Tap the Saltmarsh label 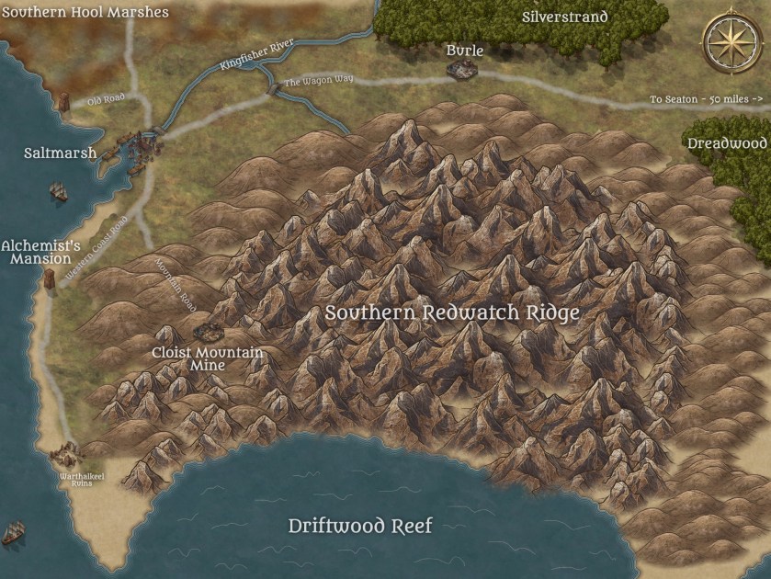point(61,153)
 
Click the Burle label point(465,50)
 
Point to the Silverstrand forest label point(565,17)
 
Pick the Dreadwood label point(727,143)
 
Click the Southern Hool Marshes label point(85,13)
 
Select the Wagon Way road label point(318,82)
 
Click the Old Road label point(106,99)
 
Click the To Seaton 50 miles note point(707,98)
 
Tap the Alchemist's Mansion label point(41,252)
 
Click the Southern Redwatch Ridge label point(452,312)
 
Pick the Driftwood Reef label point(360,527)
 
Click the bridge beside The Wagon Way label point(272,88)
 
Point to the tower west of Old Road point(62,102)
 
